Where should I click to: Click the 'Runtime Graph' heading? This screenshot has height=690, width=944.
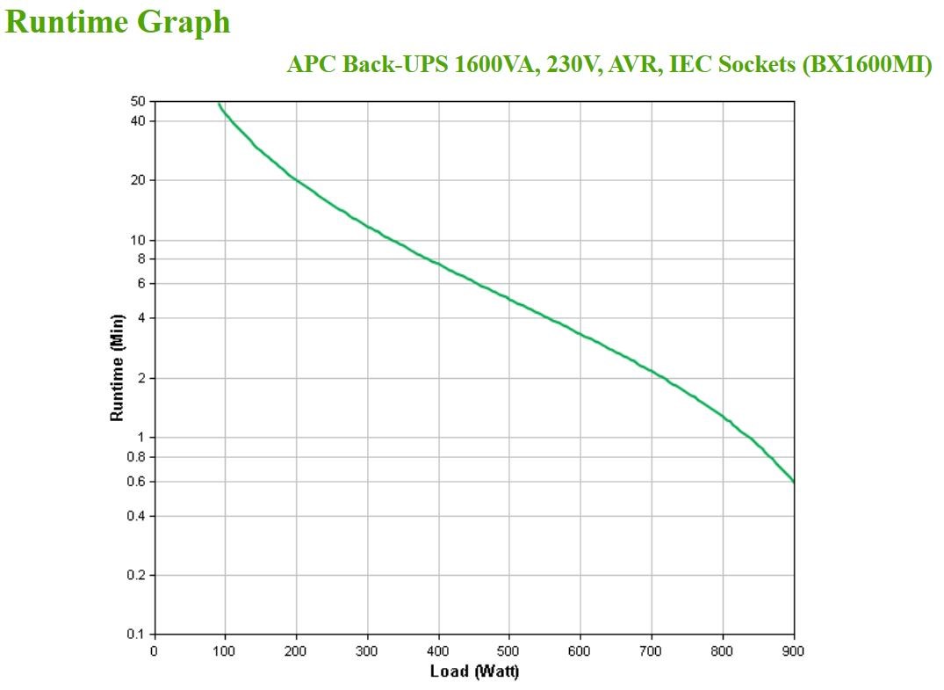118,23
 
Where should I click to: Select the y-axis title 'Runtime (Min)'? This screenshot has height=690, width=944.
117,367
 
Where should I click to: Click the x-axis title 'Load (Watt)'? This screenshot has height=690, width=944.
474,672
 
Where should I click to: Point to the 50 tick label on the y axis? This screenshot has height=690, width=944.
139,102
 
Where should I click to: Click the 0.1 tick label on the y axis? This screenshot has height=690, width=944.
136,634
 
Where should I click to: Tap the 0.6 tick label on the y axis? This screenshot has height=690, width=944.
136,482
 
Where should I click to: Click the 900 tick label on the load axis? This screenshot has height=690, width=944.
794,651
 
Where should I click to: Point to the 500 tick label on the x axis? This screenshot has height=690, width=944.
509,651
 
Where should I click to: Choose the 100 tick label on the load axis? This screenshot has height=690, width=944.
225,651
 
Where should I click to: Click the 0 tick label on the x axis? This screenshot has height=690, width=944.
155,651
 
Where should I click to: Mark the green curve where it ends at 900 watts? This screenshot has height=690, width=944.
793,482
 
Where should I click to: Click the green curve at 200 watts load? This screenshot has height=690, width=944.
296,180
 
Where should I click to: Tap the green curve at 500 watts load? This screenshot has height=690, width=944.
509,298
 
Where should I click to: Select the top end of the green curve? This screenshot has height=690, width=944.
219,104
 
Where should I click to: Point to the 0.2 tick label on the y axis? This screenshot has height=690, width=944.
136,575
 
